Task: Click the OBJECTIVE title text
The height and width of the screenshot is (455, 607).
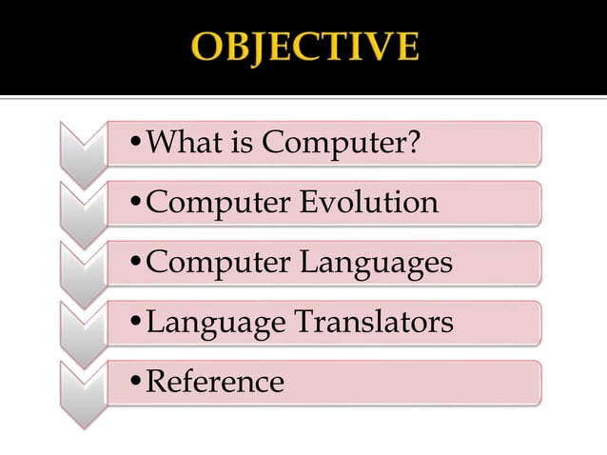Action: point(305,47)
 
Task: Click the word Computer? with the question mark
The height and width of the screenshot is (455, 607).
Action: point(341,143)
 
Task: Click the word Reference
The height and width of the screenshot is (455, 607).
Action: point(215,382)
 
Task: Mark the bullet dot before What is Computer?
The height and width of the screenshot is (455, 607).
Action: point(135,145)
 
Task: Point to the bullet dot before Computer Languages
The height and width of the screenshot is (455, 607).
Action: point(135,264)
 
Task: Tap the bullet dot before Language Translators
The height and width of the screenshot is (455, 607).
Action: point(135,324)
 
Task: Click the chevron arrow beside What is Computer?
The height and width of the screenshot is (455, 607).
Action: point(83,152)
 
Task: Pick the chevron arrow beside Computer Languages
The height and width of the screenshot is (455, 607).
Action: point(83,271)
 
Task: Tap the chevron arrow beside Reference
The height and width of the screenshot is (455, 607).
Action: point(83,391)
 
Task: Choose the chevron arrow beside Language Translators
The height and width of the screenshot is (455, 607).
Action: point(83,331)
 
